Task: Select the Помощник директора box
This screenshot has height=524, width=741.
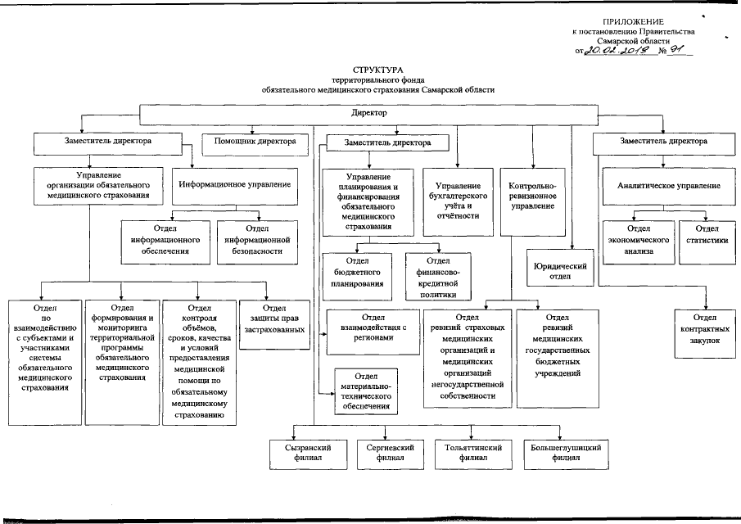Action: pos(255,142)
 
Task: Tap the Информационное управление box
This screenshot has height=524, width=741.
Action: pos(235,186)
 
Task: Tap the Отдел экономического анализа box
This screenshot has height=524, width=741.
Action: pos(638,241)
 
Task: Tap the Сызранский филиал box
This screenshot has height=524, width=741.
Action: pos(308,453)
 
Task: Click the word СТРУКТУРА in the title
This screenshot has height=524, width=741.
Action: pos(378,71)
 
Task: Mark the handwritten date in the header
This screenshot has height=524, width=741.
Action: pos(616,50)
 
